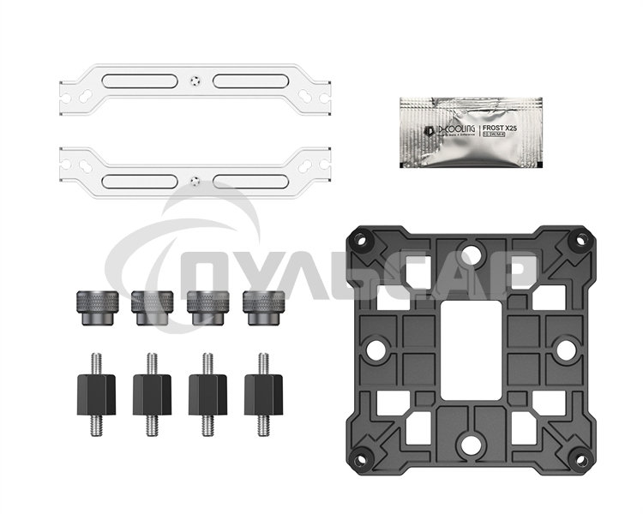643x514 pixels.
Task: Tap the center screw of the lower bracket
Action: tap(195, 181)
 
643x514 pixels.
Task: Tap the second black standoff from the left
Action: tap(152, 393)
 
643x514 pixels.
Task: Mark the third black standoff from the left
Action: tap(207, 393)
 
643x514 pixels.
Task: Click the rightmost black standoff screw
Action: tap(261, 393)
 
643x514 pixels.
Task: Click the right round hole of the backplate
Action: tap(564, 350)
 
